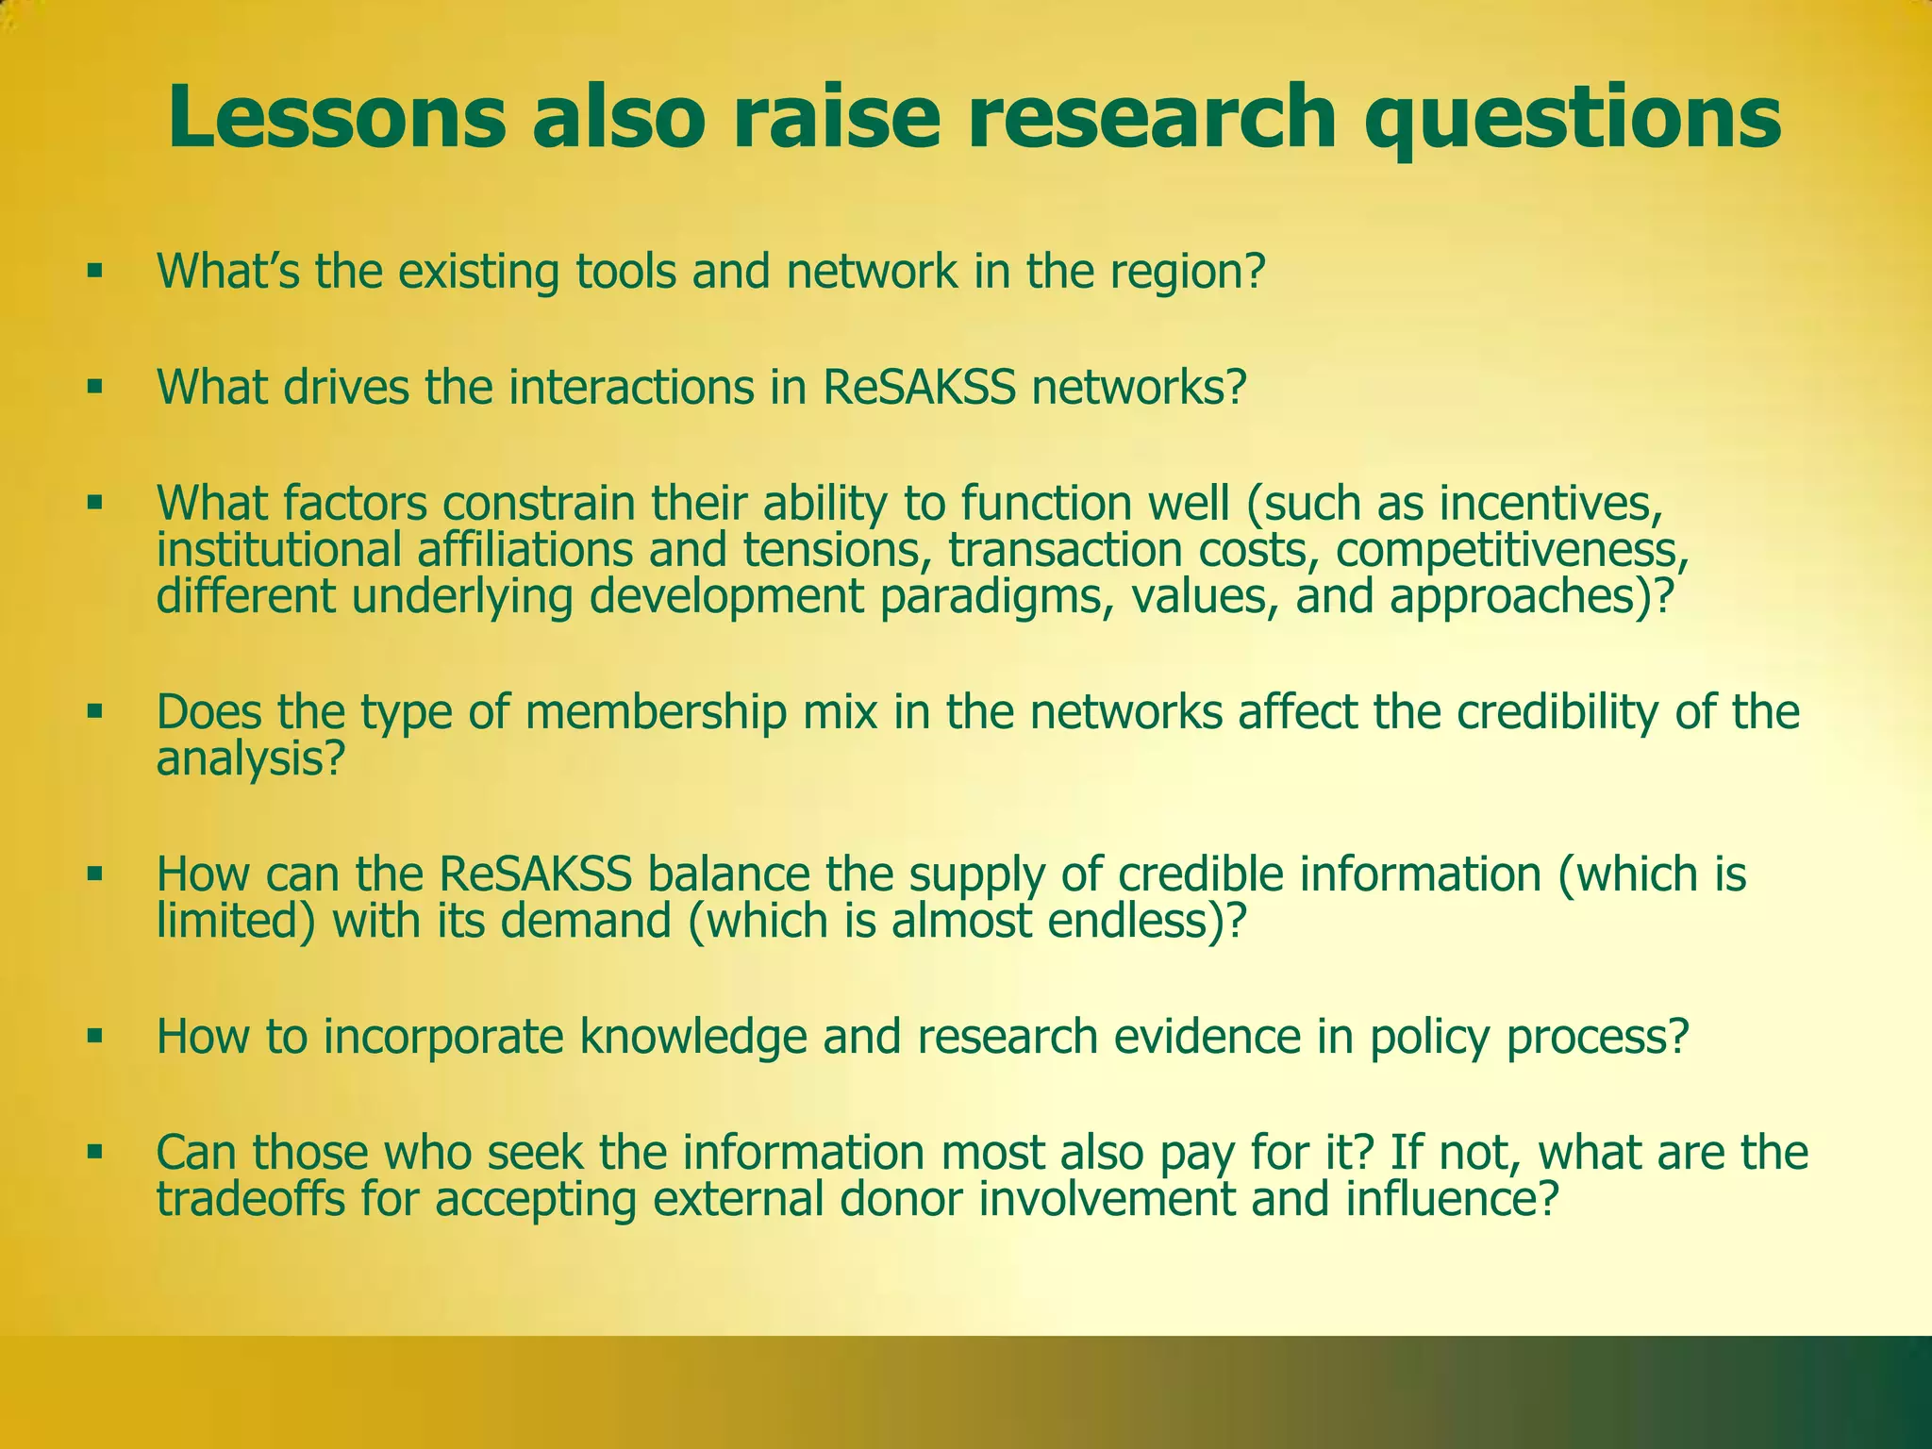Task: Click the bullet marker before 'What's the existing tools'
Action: (93, 272)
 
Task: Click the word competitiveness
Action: (1510, 551)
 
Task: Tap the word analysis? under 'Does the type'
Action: (248, 758)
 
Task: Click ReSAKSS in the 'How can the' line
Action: (536, 874)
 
